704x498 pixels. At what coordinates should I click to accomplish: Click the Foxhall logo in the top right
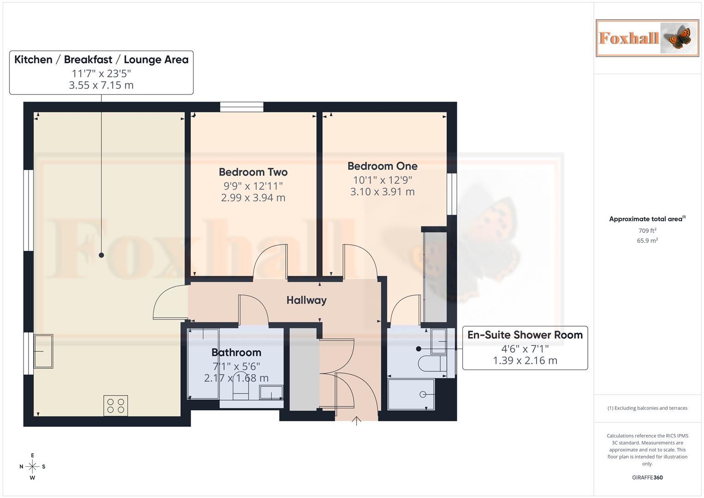click(647, 38)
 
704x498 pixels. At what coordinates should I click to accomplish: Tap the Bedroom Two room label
click(253, 172)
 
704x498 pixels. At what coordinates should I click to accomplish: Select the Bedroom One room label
click(382, 166)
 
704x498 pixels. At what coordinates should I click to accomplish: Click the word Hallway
click(306, 300)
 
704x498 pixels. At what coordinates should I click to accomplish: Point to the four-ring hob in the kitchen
click(115, 406)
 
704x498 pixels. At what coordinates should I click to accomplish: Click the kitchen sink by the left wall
click(43, 351)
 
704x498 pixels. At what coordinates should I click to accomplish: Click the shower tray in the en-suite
click(411, 394)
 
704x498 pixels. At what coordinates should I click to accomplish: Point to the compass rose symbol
click(32, 467)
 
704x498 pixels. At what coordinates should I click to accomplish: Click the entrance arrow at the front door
click(356, 421)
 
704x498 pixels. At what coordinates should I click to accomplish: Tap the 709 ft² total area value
click(647, 231)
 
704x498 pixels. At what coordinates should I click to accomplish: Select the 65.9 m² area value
click(647, 241)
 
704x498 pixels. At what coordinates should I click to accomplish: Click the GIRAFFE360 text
click(647, 477)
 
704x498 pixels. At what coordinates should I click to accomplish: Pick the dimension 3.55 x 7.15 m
click(101, 85)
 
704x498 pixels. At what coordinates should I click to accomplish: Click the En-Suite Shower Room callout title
click(525, 335)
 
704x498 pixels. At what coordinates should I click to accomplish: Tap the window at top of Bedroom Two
click(242, 107)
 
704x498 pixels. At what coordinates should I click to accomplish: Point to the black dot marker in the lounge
click(101, 255)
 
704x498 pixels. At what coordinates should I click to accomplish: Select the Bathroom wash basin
click(271, 392)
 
